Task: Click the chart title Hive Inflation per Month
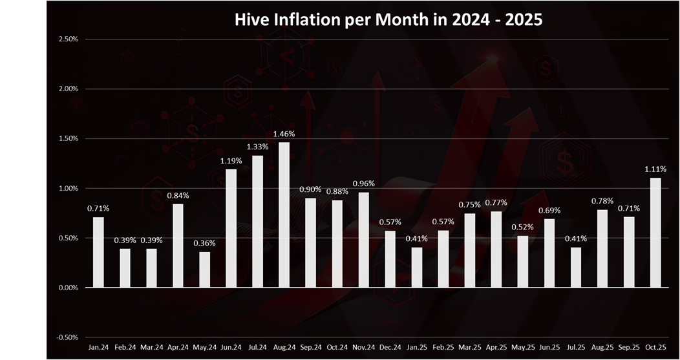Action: [x=388, y=19]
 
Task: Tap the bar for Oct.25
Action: [x=655, y=233]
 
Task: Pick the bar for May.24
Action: [x=204, y=270]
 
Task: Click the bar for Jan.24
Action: [x=98, y=252]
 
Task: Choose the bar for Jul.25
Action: [x=575, y=267]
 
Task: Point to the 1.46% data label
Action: [x=284, y=134]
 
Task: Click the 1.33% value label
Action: [x=257, y=147]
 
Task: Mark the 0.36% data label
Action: [x=204, y=244]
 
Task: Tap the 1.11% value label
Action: [x=655, y=169]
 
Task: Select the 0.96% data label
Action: [x=363, y=184]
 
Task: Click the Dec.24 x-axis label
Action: [x=390, y=348]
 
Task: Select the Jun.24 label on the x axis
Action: [x=231, y=348]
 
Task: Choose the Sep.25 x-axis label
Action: [x=628, y=348]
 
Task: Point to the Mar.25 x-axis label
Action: [x=469, y=348]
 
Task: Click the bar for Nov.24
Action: [x=363, y=240]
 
